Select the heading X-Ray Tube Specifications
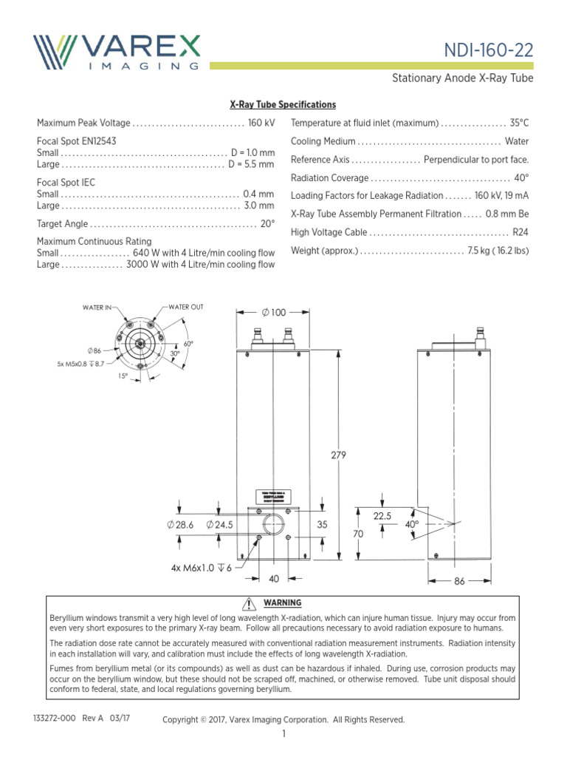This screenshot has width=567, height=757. [x=283, y=105]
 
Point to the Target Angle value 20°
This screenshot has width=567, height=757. [x=267, y=223]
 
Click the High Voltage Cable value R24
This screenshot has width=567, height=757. [x=520, y=232]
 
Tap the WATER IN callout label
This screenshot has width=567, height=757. [x=97, y=307]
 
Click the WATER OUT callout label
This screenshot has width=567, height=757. [x=185, y=307]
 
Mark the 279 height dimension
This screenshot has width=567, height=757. [x=338, y=455]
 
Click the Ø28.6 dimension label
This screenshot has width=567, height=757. [x=180, y=524]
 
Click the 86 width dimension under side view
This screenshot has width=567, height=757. [x=459, y=582]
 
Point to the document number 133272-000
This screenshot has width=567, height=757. [x=56, y=719]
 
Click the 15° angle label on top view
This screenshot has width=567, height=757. [x=123, y=376]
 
